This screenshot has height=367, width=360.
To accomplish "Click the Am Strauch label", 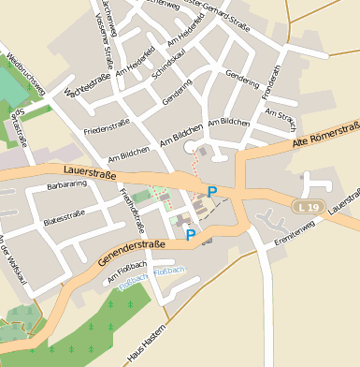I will (x=281, y=118).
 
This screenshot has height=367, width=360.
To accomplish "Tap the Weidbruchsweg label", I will (x=25, y=74).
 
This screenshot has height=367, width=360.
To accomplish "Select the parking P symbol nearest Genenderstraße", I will (x=191, y=235).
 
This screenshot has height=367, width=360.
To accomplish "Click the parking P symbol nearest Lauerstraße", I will (x=212, y=192).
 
